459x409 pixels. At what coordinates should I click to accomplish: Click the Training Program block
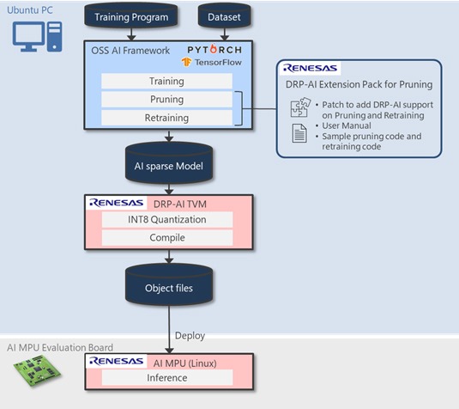pyautogui.click(x=131, y=16)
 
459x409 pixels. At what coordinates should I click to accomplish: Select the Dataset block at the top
pyautogui.click(x=222, y=16)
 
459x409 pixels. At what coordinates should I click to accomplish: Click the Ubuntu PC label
pyautogui.click(x=29, y=9)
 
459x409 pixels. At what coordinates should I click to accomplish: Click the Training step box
pyautogui.click(x=167, y=81)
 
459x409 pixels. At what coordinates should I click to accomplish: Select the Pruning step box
pyautogui.click(x=167, y=99)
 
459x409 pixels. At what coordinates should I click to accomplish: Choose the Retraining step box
pyautogui.click(x=167, y=117)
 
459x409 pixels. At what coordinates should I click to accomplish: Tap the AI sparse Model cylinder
pyautogui.click(x=169, y=166)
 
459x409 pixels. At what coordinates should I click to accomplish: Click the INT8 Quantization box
pyautogui.click(x=167, y=219)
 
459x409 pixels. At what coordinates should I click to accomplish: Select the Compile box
pyautogui.click(x=167, y=237)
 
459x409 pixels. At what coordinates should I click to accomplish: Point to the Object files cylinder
pyautogui.click(x=169, y=288)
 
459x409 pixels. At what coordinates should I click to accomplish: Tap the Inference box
pyautogui.click(x=167, y=376)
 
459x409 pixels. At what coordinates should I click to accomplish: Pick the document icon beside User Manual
pyautogui.click(x=299, y=134)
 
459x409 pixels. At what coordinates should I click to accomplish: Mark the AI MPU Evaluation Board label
pyautogui.click(x=59, y=347)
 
